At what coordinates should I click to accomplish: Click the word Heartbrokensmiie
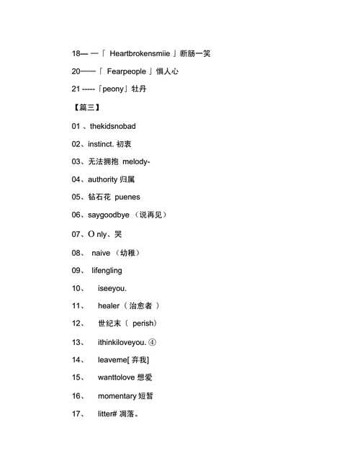tap(140, 53)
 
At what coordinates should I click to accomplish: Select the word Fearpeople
tap(127, 71)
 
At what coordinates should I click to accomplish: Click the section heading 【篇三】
tap(86, 107)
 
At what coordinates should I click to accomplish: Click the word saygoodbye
tap(109, 215)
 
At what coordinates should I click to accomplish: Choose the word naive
tap(101, 253)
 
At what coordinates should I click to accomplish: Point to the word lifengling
tap(107, 271)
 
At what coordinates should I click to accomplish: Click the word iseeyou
tap(112, 288)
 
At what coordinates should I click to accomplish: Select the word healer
tap(109, 306)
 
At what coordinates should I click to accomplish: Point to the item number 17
tap(78, 414)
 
